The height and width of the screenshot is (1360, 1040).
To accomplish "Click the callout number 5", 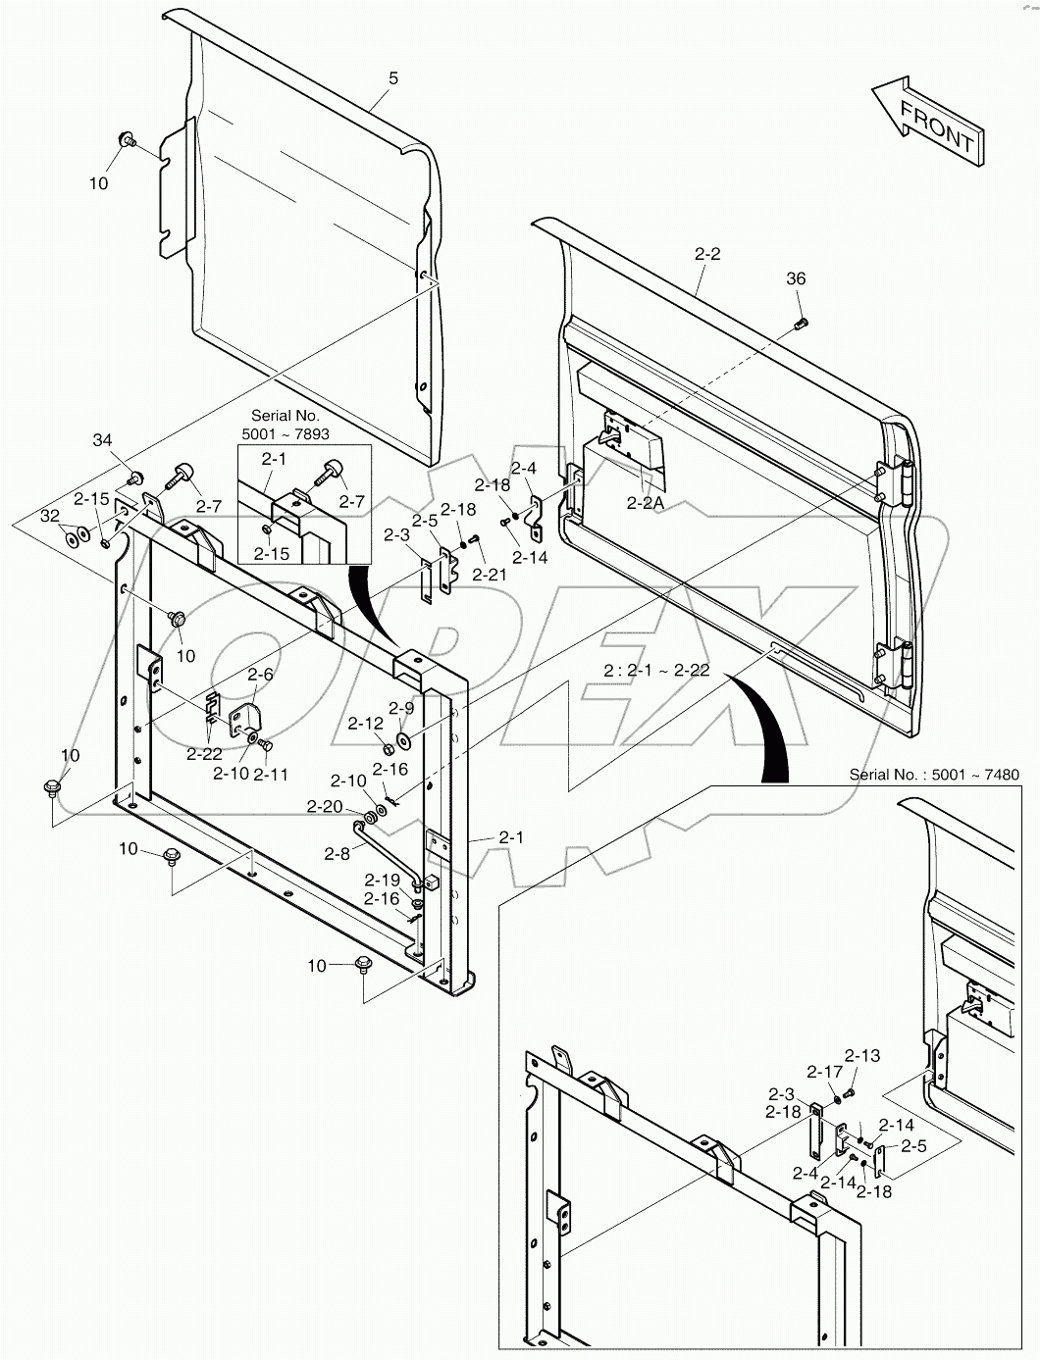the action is (393, 78).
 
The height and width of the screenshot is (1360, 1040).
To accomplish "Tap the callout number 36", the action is (796, 278).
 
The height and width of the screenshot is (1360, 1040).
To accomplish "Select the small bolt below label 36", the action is (801, 323).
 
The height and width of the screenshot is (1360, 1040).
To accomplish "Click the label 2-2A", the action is (645, 503).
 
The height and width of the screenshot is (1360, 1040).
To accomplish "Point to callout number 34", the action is (102, 440).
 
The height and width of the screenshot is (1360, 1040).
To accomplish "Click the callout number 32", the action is (50, 516).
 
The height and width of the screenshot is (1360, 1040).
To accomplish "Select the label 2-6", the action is (260, 674).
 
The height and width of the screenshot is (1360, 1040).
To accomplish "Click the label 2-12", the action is (366, 723).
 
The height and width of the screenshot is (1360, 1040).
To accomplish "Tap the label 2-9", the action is (401, 708).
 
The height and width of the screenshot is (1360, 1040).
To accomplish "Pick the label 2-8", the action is (338, 854).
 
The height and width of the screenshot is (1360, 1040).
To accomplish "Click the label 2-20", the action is (325, 807).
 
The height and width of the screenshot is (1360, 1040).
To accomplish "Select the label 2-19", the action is (383, 880).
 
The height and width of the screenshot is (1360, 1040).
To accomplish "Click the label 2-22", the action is (204, 754).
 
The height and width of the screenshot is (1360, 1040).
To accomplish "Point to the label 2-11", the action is (271, 774).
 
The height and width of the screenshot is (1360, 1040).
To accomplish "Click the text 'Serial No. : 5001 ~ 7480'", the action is (934, 775).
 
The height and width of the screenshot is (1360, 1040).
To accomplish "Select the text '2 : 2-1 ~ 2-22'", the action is (656, 670).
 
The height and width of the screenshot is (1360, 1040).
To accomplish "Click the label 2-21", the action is (490, 575).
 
